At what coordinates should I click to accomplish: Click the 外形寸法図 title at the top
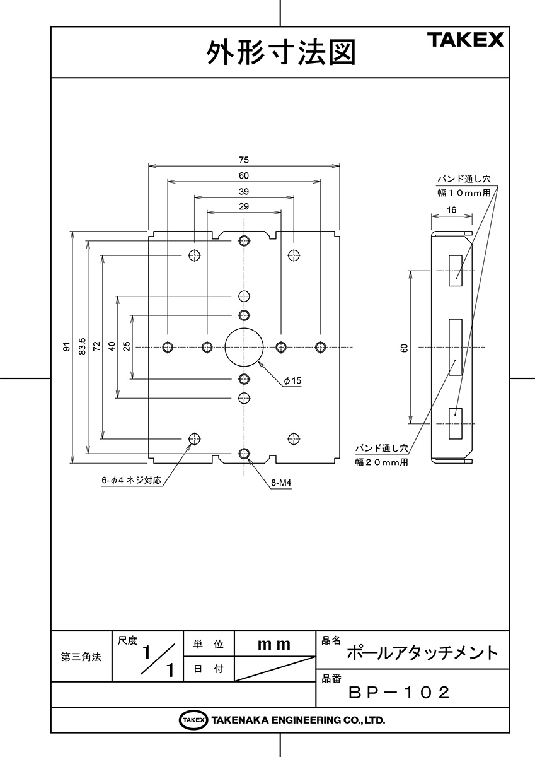[x=281, y=52]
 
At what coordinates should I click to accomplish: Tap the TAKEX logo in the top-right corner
[x=466, y=40]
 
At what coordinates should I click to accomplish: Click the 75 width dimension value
[x=244, y=160]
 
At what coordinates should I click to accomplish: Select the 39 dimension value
[x=244, y=192]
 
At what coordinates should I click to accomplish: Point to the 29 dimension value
[x=244, y=206]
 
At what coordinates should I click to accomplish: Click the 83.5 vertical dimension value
[x=82, y=346]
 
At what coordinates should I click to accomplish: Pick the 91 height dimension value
[x=67, y=346]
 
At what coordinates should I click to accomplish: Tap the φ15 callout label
[x=292, y=381]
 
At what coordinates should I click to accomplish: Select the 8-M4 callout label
[x=281, y=483]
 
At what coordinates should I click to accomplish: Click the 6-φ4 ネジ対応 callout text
[x=131, y=480]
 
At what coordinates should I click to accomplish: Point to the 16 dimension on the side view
[x=451, y=210]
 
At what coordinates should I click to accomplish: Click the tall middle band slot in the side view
[x=456, y=347]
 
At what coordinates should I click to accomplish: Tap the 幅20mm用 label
[x=381, y=462]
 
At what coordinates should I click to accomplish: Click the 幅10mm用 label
[x=464, y=193]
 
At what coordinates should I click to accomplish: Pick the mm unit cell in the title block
[x=273, y=645]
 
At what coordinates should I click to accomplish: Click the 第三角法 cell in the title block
[x=81, y=657]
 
